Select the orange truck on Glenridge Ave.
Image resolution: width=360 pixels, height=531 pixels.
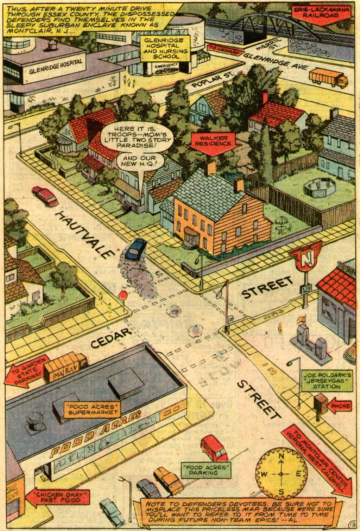(328, 78)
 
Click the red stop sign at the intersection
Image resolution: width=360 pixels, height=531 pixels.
(123, 295)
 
